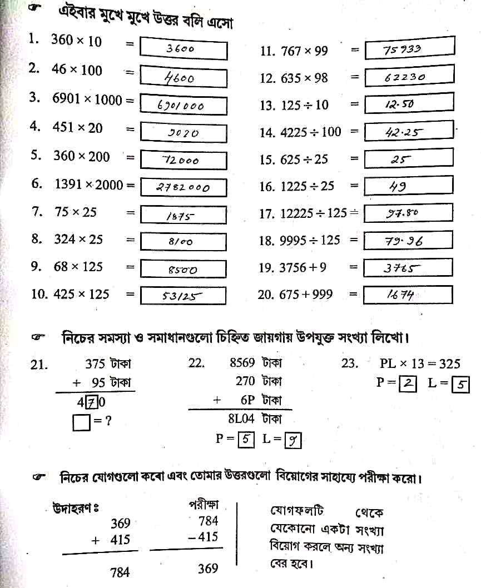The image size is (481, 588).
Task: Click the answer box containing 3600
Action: (184, 48)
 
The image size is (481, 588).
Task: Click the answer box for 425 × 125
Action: (184, 296)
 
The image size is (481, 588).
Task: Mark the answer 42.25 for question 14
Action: (404, 132)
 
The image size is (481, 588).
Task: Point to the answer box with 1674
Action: (408, 295)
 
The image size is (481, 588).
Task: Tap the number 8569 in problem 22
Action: (242, 363)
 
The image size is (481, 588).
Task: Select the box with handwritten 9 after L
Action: (292, 441)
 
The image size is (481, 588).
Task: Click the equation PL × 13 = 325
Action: (420, 364)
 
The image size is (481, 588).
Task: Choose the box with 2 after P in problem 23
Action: (408, 384)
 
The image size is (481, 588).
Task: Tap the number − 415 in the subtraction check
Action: (203, 537)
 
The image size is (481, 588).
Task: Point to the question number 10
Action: (39, 295)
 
